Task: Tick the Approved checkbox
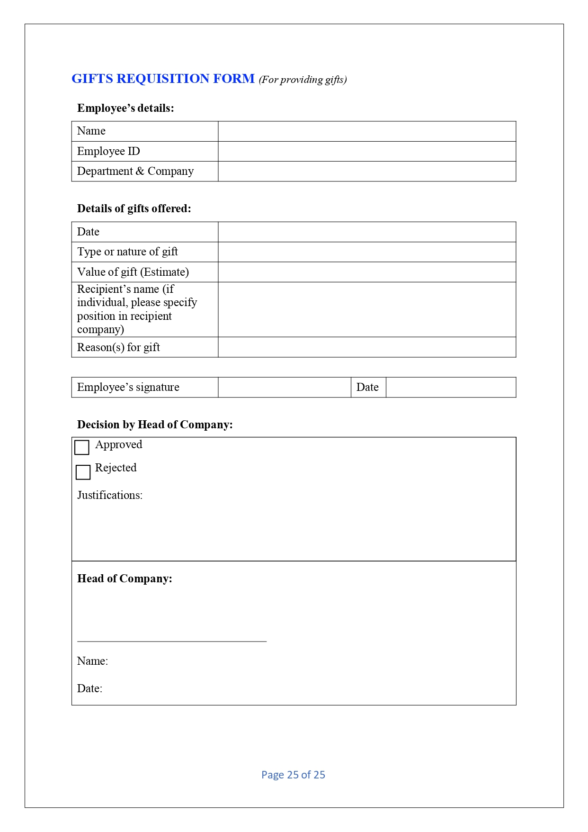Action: tap(82, 447)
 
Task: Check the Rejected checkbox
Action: tap(83, 472)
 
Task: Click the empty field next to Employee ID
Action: tap(366, 151)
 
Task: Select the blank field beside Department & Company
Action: tap(366, 171)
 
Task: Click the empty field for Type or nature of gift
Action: tap(366, 252)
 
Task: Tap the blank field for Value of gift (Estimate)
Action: tap(366, 272)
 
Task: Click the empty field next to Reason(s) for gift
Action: tap(366, 347)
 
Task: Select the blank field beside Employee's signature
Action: tap(284, 387)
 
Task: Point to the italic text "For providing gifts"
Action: tap(303, 80)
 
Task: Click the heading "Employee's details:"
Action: tap(125, 109)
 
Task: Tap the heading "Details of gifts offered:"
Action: tap(134, 209)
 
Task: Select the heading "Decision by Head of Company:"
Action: tap(155, 425)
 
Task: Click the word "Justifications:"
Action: tap(110, 495)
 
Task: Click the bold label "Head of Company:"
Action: tap(125, 579)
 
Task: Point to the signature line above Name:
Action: tap(172, 641)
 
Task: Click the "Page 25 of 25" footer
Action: tap(293, 775)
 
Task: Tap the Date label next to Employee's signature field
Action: tap(367, 387)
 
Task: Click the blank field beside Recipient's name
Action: tap(366, 309)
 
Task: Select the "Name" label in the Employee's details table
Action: tap(91, 131)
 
